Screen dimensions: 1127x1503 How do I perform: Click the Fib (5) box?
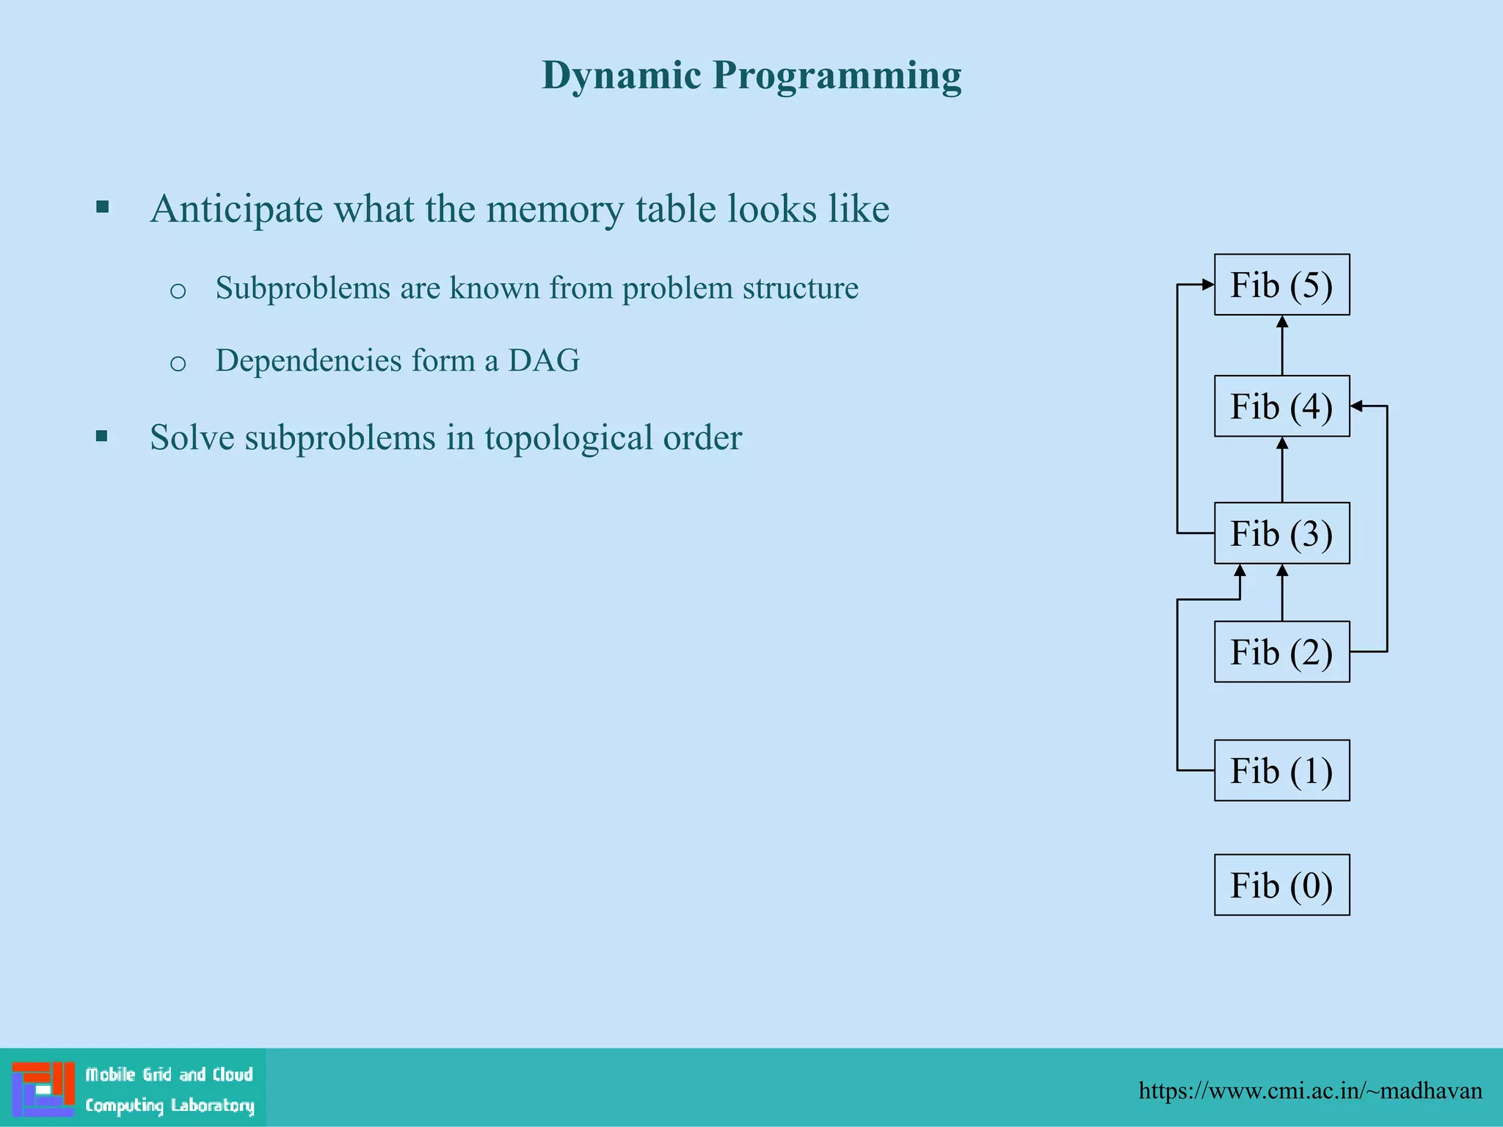point(1281,285)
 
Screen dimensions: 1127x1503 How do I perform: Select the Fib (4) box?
point(1281,406)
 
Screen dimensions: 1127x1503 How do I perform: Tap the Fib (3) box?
point(1281,533)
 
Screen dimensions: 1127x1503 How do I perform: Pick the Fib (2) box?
point(1281,652)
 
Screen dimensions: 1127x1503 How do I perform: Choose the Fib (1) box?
point(1281,770)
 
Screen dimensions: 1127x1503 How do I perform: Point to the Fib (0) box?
point(1281,885)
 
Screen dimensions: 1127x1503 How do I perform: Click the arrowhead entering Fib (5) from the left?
point(1207,285)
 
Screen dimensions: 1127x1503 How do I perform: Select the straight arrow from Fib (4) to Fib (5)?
point(1282,346)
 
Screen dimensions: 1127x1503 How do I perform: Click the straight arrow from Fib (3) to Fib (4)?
point(1282,470)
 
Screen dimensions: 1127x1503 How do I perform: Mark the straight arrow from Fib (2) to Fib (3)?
point(1282,594)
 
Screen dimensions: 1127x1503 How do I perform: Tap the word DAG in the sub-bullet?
point(544,360)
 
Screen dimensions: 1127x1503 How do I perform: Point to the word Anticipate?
point(236,210)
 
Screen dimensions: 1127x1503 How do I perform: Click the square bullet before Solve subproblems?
point(102,437)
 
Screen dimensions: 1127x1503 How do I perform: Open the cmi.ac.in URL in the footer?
point(1310,1091)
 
